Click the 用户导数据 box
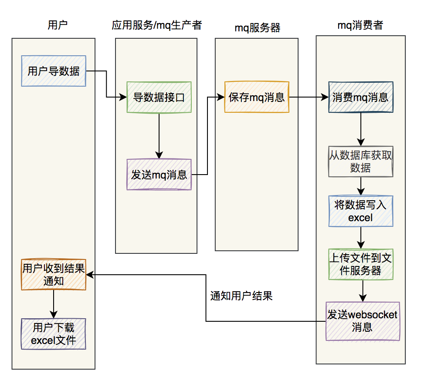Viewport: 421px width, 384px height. (54, 71)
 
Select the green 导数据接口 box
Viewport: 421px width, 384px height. (159, 97)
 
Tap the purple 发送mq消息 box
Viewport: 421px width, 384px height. (159, 174)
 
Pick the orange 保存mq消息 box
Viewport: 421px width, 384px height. (257, 97)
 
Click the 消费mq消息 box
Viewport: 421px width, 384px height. (360, 97)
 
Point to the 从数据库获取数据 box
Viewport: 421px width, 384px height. (360, 161)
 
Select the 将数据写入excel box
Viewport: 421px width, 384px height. (360, 211)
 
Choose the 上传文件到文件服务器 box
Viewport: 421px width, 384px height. (360, 264)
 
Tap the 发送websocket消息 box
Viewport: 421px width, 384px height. (363, 321)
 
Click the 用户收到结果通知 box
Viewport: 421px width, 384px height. (54, 274)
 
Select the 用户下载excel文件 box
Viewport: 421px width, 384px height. (54, 333)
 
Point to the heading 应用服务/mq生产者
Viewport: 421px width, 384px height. (156, 25)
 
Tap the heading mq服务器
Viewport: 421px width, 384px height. (257, 28)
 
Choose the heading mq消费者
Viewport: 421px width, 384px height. (360, 25)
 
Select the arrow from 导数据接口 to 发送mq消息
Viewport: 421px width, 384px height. (159, 135)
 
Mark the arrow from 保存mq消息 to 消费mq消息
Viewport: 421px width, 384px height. (308, 97)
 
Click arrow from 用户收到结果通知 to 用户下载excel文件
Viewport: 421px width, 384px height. (54, 304)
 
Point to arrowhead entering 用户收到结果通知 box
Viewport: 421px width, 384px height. (90, 274)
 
